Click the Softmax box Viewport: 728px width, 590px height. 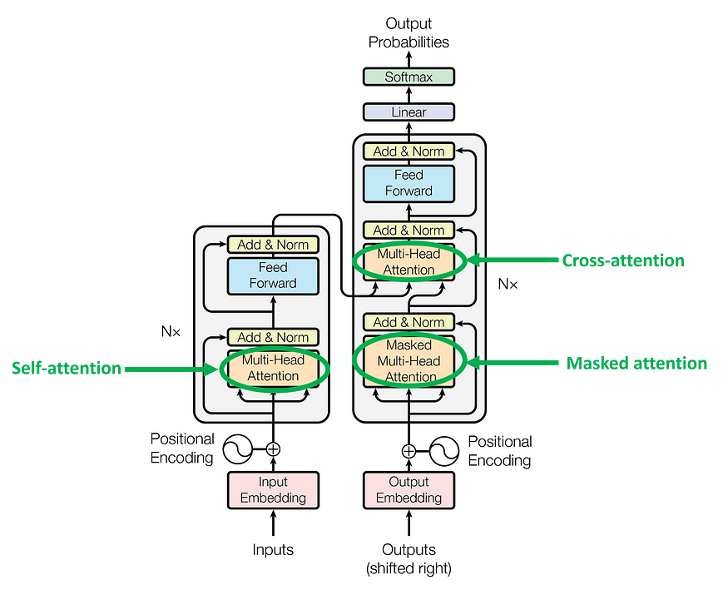point(409,77)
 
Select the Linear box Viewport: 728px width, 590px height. point(409,112)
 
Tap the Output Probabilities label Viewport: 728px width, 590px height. point(409,33)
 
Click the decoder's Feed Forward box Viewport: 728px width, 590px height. point(409,183)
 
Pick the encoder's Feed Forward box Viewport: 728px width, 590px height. point(273,275)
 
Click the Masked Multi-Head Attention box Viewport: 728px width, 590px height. point(409,361)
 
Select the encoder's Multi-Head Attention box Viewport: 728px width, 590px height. point(273,369)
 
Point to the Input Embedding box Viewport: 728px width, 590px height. point(273,490)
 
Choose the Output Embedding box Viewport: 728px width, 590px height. point(409,490)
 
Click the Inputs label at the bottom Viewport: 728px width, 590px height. point(273,550)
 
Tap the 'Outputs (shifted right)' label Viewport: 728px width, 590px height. point(409,558)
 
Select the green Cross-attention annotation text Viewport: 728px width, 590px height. point(622,260)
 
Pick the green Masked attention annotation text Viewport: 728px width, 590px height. point(636,364)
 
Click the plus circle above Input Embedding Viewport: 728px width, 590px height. point(273,449)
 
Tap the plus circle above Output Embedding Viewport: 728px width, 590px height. point(409,451)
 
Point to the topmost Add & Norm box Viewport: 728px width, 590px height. point(409,151)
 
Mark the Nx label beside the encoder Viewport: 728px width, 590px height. point(171,331)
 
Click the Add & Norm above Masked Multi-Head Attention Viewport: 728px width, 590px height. point(409,322)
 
